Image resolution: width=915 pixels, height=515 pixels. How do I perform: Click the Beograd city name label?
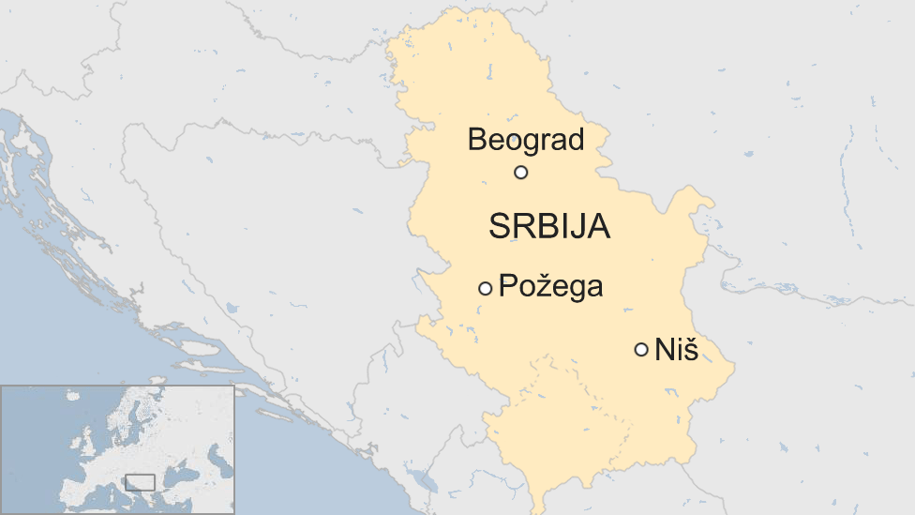[x=525, y=140]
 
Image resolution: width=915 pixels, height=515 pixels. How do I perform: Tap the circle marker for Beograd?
[x=521, y=173]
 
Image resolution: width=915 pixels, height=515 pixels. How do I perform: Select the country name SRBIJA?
[x=549, y=227]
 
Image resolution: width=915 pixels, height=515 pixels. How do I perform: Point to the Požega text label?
[x=550, y=286]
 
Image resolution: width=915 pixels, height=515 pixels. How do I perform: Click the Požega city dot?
[x=485, y=289]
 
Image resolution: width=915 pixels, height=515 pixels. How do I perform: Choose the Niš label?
[x=677, y=351]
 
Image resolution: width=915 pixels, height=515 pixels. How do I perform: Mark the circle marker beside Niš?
[x=641, y=350]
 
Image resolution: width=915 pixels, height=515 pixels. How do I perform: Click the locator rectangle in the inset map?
[x=140, y=482]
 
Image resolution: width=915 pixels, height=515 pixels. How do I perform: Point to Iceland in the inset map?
[x=71, y=396]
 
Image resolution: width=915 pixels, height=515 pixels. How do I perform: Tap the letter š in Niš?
[x=691, y=351]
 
